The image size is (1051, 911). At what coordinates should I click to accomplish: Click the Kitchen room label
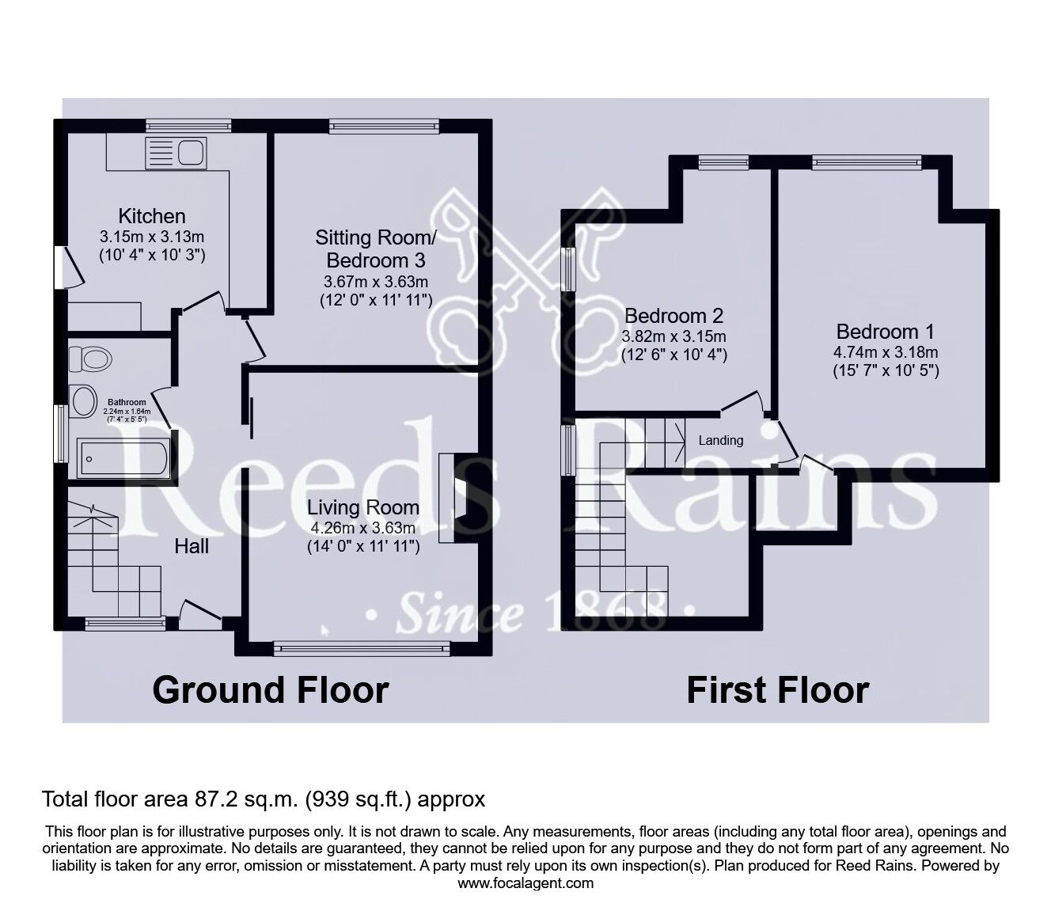[152, 215]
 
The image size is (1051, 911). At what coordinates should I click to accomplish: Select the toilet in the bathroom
[90, 359]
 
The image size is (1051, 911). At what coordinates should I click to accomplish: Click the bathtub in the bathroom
[123, 458]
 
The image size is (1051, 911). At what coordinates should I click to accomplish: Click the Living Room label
[363, 507]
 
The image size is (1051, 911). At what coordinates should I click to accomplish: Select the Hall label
[192, 545]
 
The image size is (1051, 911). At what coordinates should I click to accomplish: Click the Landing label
[720, 440]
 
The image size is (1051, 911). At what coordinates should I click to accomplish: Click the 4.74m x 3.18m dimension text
[886, 352]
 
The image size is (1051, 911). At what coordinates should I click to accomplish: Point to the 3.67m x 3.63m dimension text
[376, 282]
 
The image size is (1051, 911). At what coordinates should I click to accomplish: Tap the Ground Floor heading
[270, 689]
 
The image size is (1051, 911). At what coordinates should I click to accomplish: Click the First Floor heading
[777, 689]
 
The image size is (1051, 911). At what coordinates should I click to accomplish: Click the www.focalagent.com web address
[525, 883]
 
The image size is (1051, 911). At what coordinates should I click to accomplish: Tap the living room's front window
[362, 648]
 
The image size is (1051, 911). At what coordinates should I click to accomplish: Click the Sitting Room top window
[384, 123]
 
